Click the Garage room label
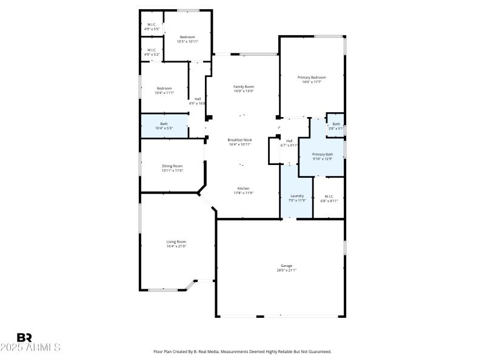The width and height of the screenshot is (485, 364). pyautogui.click(x=286, y=266)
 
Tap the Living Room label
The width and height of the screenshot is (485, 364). pyautogui.click(x=176, y=241)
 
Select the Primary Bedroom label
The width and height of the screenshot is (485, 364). pyautogui.click(x=312, y=77)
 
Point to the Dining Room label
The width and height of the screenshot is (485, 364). pyautogui.click(x=172, y=166)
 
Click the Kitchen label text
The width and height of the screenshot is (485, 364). pyautogui.click(x=243, y=188)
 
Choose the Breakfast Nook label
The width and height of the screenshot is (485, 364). pyautogui.click(x=240, y=140)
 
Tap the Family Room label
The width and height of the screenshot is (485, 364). pyautogui.click(x=244, y=87)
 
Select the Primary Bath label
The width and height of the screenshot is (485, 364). pyautogui.click(x=323, y=155)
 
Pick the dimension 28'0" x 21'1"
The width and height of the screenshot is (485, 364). pyautogui.click(x=286, y=271)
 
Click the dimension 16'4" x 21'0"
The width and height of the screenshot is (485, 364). pyautogui.click(x=176, y=246)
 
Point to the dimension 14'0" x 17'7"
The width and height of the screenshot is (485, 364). pyautogui.click(x=312, y=82)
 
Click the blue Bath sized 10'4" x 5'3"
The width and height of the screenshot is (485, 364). pyautogui.click(x=164, y=126)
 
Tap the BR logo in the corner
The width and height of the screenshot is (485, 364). pyautogui.click(x=24, y=337)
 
